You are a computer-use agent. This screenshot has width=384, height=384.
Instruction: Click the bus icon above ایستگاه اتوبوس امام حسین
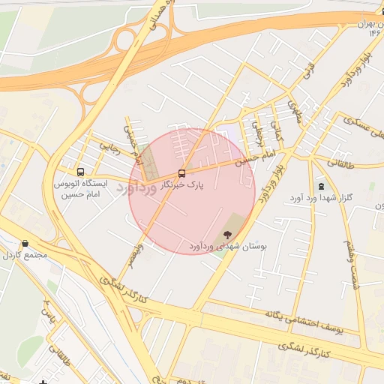coord(81,171)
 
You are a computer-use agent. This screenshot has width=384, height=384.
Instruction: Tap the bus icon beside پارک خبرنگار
coord(181,173)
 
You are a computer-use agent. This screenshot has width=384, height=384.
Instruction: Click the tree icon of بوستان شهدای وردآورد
coord(228,235)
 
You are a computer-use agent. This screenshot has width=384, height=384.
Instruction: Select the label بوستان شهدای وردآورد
coord(223,246)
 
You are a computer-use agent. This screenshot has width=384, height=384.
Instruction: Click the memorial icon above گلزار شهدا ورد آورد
coord(322,186)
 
